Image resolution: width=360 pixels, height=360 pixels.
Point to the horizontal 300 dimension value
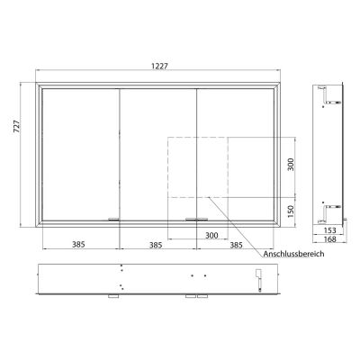point(211,235)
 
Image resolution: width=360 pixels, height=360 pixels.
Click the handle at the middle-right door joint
point(195,219)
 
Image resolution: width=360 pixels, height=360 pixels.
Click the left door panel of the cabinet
point(80,153)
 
